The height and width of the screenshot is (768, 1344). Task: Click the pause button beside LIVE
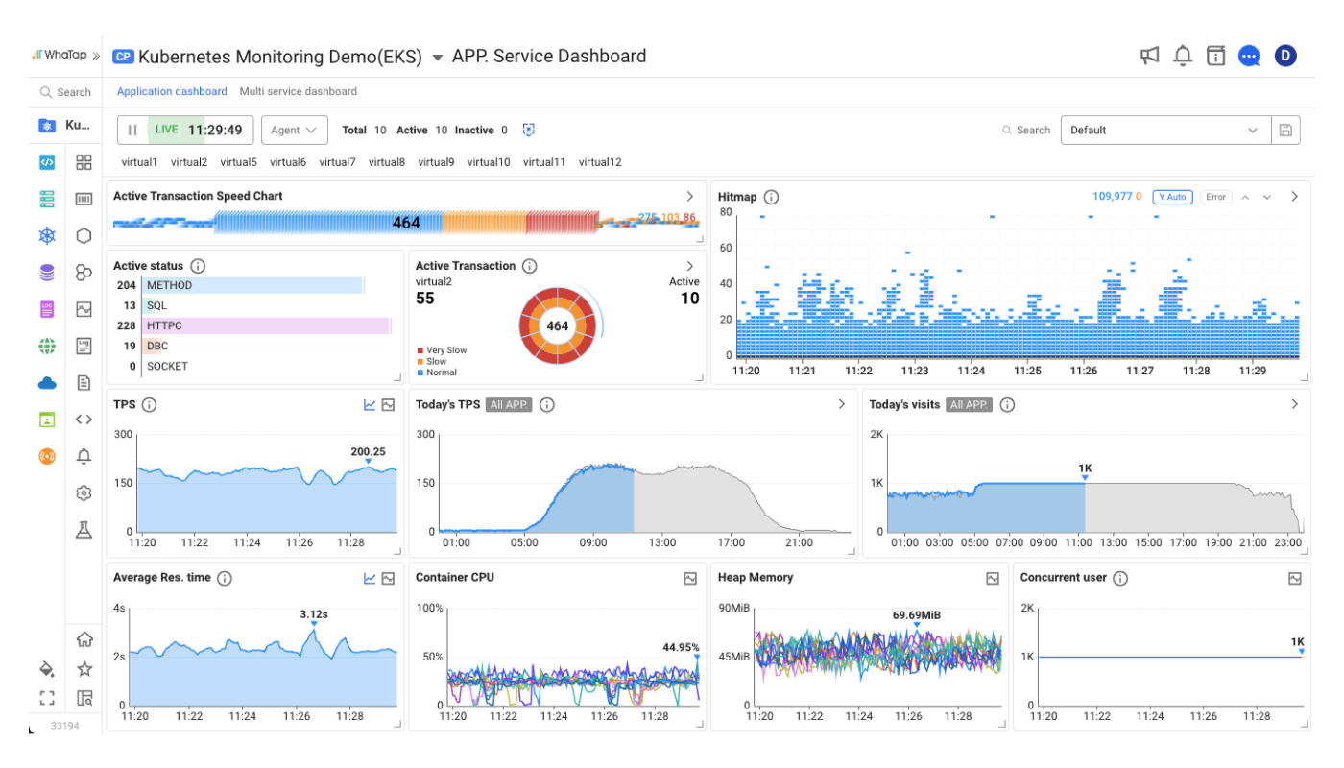(x=132, y=130)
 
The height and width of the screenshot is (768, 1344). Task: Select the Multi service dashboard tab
(x=298, y=91)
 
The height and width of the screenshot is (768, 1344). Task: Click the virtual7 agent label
(x=337, y=162)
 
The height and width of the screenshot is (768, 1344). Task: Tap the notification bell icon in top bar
(x=1183, y=56)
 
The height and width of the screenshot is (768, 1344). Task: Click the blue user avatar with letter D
(x=1285, y=56)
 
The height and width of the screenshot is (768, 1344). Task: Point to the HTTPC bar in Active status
(x=266, y=325)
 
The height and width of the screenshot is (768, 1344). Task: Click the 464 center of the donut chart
(x=558, y=325)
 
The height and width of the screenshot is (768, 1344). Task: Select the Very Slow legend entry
(x=446, y=350)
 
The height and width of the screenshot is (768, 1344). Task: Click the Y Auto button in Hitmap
(x=1172, y=197)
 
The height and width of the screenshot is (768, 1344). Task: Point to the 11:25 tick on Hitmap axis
(x=1027, y=370)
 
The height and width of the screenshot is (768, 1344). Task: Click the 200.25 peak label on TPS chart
(x=368, y=451)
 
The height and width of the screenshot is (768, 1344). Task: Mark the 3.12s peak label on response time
(x=314, y=614)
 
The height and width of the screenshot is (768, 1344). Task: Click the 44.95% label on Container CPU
(x=681, y=647)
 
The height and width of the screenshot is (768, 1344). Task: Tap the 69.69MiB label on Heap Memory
(x=916, y=615)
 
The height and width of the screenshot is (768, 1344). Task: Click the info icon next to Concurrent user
(x=1120, y=578)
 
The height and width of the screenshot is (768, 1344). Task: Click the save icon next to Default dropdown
(x=1285, y=130)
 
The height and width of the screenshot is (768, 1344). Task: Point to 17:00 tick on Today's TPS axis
(x=732, y=542)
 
